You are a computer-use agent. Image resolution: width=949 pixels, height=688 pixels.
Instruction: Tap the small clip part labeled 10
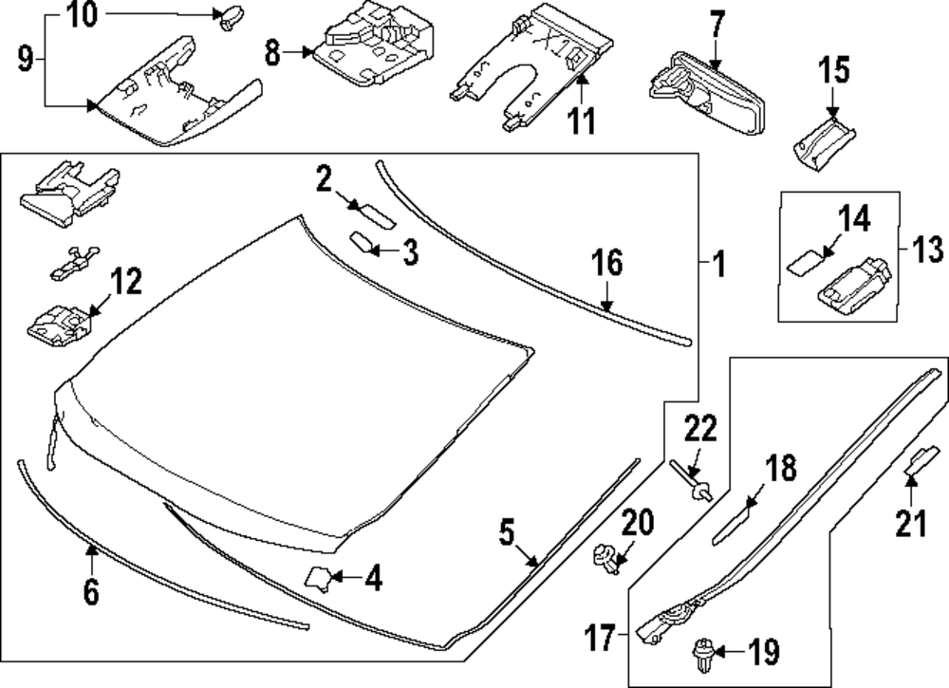tap(230, 16)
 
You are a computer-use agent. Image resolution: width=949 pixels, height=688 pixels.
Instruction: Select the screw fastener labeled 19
tap(703, 654)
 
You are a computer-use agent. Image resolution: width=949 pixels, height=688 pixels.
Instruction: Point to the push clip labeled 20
tap(604, 557)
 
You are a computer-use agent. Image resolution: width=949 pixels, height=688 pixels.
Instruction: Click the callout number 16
tap(607, 263)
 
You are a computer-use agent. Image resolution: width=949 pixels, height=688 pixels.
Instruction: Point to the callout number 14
tap(853, 219)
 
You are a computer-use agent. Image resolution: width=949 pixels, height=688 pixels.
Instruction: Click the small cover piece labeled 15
tap(819, 142)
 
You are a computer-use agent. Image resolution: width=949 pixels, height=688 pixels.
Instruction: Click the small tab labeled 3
tap(363, 242)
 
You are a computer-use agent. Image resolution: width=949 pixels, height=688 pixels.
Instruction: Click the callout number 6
tap(90, 592)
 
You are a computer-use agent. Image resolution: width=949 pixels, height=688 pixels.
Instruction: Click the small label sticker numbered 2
tap(371, 213)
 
